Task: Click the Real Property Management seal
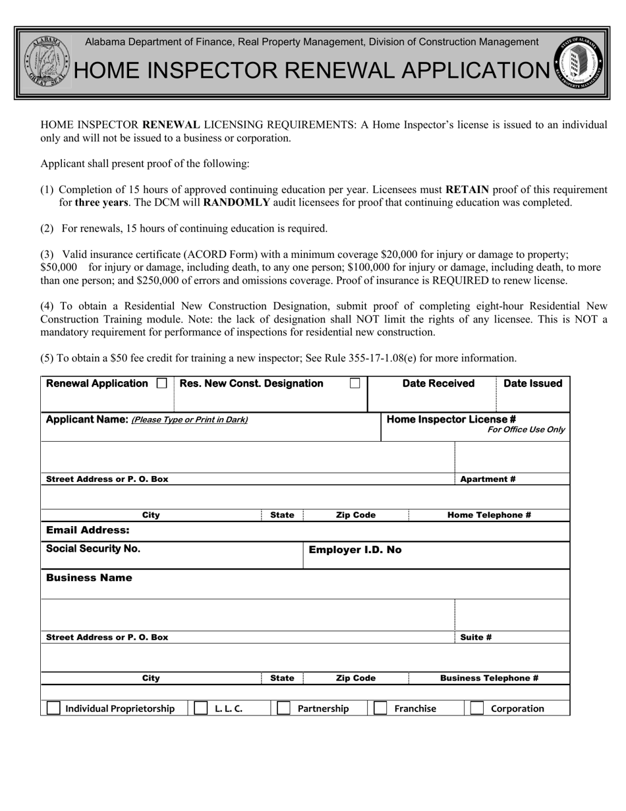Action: tap(579, 63)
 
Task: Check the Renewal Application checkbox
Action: tap(161, 384)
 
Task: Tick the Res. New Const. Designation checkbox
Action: tap(355, 384)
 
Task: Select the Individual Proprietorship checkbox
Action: tap(53, 708)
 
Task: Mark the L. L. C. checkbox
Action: tap(201, 708)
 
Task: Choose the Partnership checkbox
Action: tap(283, 708)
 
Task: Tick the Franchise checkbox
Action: tap(380, 708)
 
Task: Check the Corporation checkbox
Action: tap(477, 708)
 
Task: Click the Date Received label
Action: tap(438, 384)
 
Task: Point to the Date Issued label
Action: tap(532, 384)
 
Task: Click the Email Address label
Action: tap(88, 530)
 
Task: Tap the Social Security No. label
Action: tap(93, 549)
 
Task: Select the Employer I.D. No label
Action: tap(355, 550)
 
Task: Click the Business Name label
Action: tap(89, 578)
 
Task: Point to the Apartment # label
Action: tap(488, 479)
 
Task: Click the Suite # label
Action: tap(476, 638)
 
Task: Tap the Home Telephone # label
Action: tap(489, 515)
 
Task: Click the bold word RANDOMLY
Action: tap(237, 202)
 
